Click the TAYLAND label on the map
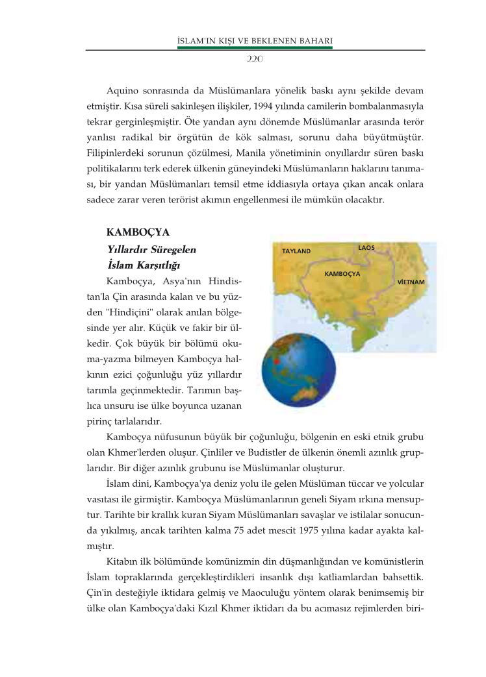click(296, 251)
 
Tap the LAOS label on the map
click(366, 248)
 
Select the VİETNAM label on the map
click(411, 282)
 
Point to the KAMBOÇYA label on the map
click(342, 274)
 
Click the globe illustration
click(298, 371)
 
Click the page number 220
click(254, 58)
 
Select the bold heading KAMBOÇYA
click(138, 232)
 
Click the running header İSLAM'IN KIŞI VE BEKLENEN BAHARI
click(255, 42)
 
